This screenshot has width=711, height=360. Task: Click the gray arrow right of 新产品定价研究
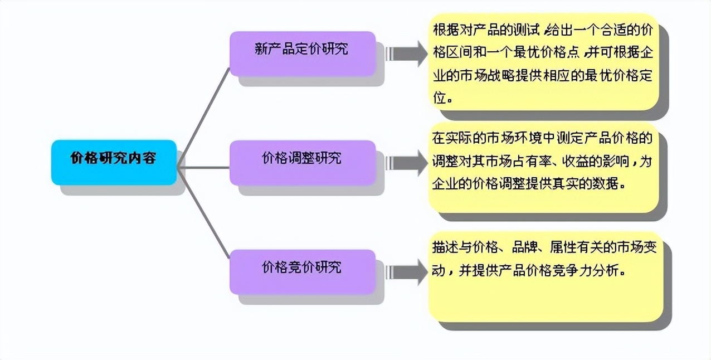pyautogui.click(x=405, y=53)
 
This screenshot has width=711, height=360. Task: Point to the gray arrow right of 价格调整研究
pyautogui.click(x=405, y=162)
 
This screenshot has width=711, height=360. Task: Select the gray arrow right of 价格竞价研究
pyautogui.click(x=405, y=271)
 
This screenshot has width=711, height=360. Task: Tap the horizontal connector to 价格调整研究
pyautogui.click(x=204, y=167)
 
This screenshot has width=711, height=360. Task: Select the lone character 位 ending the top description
pyautogui.click(x=440, y=98)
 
